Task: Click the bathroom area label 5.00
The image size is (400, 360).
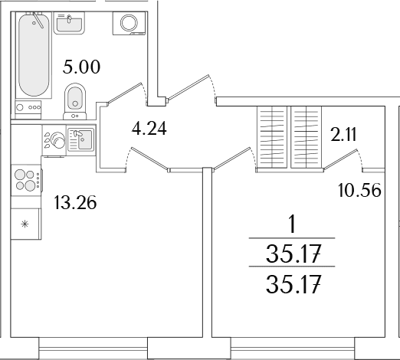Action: (x=81, y=67)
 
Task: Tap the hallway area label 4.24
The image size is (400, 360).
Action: (x=149, y=128)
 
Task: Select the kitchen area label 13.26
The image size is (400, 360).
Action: (x=75, y=203)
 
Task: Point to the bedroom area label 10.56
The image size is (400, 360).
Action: (x=359, y=190)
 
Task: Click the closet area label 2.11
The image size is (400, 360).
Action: (x=343, y=135)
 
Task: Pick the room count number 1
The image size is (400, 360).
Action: (x=293, y=224)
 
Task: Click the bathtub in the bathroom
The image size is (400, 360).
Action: (x=34, y=55)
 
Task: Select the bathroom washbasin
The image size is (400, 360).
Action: (x=69, y=23)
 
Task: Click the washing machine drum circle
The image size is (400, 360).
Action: (x=130, y=23)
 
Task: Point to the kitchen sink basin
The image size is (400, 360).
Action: (x=85, y=139)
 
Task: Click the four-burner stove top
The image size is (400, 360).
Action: (x=26, y=180)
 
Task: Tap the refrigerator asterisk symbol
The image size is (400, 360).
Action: (x=25, y=224)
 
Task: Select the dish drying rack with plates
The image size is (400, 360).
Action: (x=54, y=139)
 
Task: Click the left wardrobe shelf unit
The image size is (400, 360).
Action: (x=271, y=137)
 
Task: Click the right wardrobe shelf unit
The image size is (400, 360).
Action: (x=306, y=137)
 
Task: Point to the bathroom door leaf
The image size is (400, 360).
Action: (x=125, y=93)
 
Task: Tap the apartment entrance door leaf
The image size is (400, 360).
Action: (x=189, y=87)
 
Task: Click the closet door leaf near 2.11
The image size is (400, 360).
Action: (x=339, y=159)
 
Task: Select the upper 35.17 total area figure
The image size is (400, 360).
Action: (x=293, y=254)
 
